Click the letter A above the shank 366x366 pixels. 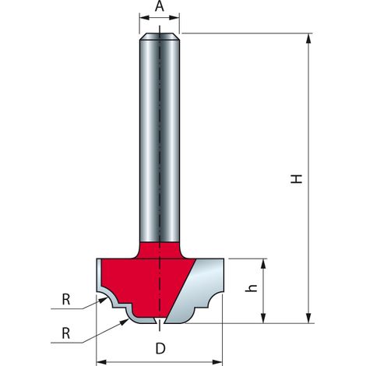(x=160, y=6)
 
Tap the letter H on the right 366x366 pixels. (x=297, y=179)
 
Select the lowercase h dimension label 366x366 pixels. (x=252, y=288)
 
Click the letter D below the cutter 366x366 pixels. (x=160, y=349)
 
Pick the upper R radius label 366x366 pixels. (x=66, y=300)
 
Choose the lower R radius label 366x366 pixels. (x=66, y=333)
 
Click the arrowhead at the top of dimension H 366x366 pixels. (x=308, y=38)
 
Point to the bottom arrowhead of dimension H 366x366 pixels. (x=308, y=318)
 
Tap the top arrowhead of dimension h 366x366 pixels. (x=263, y=263)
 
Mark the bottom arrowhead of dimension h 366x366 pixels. (x=263, y=318)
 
